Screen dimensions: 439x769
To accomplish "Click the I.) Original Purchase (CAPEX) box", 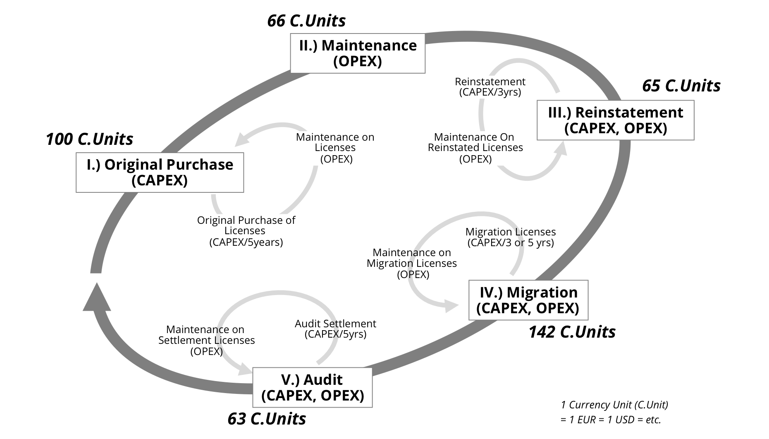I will [x=160, y=173].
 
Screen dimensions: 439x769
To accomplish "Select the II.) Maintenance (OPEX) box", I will [x=358, y=53].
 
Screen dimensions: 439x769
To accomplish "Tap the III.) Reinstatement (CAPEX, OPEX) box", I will [x=615, y=120].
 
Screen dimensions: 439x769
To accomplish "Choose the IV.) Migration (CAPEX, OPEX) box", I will [x=528, y=300].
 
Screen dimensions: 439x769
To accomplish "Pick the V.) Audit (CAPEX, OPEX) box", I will [x=312, y=387].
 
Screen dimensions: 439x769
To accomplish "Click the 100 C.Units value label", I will [x=89, y=139].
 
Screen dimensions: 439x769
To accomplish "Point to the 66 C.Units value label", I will [x=306, y=21].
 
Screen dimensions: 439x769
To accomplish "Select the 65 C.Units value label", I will [x=681, y=86].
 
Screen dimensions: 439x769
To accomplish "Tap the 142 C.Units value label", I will [x=572, y=332].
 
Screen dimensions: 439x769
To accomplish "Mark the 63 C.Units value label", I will [x=267, y=419].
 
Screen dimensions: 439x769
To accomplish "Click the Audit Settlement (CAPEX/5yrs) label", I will [x=335, y=329].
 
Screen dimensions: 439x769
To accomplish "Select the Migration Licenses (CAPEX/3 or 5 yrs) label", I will [x=511, y=237].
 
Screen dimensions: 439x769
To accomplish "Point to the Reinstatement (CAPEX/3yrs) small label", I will [x=490, y=86].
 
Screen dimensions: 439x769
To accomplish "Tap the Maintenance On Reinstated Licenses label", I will [x=475, y=148].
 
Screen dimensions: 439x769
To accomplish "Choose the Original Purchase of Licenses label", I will [x=246, y=231].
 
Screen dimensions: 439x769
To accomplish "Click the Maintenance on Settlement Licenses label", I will [x=206, y=340].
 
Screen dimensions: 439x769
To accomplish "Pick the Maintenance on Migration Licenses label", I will [x=412, y=263].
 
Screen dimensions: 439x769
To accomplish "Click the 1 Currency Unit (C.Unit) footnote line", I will [x=614, y=405].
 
